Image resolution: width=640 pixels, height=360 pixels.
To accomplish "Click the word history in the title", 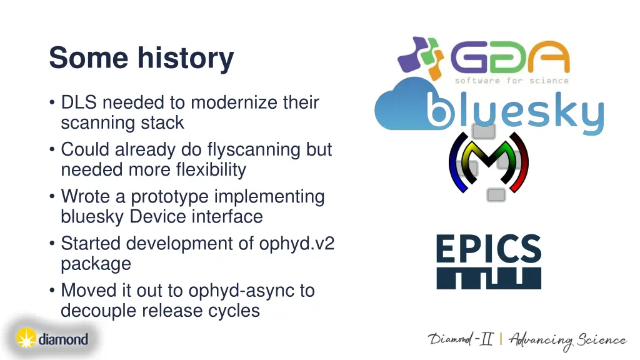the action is click(186, 58).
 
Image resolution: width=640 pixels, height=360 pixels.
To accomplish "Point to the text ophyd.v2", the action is click(297, 244).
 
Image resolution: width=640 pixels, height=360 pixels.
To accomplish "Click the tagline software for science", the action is click(512, 81).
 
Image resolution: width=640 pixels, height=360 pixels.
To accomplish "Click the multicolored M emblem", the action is click(489, 162).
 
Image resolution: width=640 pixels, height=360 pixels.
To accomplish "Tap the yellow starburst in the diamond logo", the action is click(26, 338).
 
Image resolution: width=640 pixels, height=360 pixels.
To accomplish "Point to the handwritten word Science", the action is click(602, 339).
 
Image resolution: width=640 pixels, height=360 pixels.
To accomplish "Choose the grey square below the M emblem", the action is click(496, 195).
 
